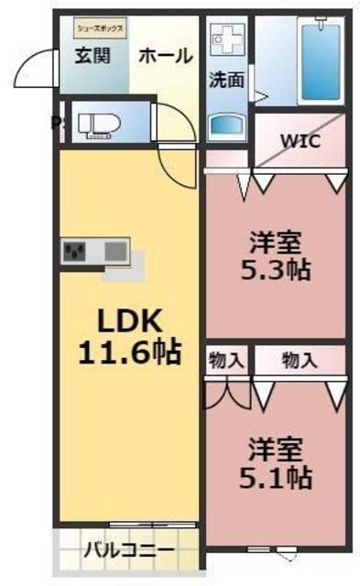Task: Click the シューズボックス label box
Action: click(x=93, y=29)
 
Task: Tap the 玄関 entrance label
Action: click(x=93, y=55)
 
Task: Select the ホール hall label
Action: click(x=166, y=55)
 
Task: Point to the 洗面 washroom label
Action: click(x=226, y=80)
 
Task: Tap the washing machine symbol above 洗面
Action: click(x=224, y=40)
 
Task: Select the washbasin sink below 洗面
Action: click(x=225, y=125)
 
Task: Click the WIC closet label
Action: click(x=300, y=141)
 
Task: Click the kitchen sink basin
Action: click(x=116, y=249)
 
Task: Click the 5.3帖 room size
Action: click(x=278, y=270)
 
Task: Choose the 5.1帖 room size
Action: click(x=277, y=477)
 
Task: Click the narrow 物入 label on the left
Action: click(x=226, y=360)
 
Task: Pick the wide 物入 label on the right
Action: click(x=300, y=360)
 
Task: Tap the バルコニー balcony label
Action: click(x=129, y=550)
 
